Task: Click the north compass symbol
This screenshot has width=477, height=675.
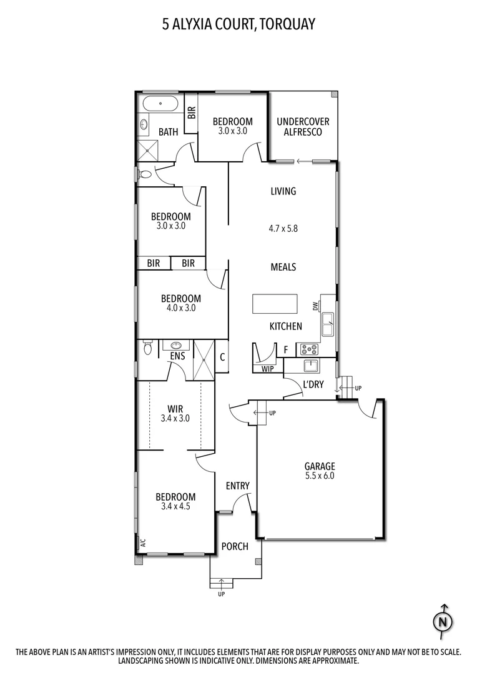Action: click(443, 621)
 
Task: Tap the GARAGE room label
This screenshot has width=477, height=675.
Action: click(320, 466)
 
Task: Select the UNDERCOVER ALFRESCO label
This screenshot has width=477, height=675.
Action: click(303, 127)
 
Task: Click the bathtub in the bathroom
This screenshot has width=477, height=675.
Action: click(160, 104)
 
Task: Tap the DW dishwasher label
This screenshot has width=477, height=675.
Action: click(315, 306)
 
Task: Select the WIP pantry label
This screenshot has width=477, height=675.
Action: click(267, 369)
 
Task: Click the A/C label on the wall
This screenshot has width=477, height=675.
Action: click(142, 542)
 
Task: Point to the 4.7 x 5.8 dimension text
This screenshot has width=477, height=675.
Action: click(283, 229)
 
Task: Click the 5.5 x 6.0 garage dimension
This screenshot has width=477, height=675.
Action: click(320, 476)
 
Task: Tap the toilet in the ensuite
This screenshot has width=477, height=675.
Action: click(147, 347)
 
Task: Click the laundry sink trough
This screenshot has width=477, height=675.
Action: click(310, 366)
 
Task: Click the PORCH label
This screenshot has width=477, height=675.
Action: click(235, 546)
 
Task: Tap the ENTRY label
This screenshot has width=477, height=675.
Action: click(237, 486)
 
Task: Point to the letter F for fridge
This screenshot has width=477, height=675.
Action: click(285, 349)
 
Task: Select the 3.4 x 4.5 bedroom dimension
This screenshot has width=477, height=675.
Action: click(175, 507)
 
